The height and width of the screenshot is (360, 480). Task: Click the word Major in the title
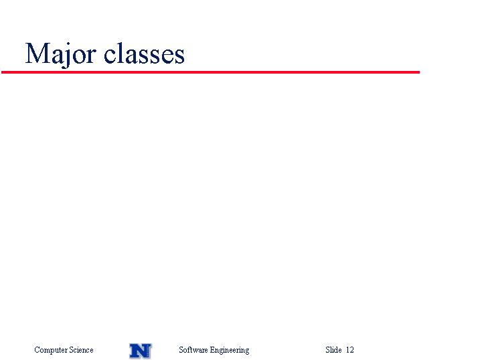point(61,54)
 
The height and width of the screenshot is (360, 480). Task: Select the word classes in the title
point(144,54)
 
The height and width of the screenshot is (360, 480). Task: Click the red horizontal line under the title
point(210,72)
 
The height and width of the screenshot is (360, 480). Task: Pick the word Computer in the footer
point(51,350)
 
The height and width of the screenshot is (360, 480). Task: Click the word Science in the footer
point(81,349)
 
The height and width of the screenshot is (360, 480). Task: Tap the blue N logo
point(140,351)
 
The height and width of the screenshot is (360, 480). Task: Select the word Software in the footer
point(193,349)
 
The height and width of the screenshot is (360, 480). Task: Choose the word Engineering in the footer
point(229,350)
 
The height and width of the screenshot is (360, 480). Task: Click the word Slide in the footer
point(333,349)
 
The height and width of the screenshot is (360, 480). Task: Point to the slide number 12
point(350,349)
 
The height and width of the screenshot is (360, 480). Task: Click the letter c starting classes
point(110,56)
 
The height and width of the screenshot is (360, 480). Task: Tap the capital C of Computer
point(37,349)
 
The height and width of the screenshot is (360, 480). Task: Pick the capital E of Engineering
point(212,349)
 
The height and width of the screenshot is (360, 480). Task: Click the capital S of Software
point(181,349)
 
